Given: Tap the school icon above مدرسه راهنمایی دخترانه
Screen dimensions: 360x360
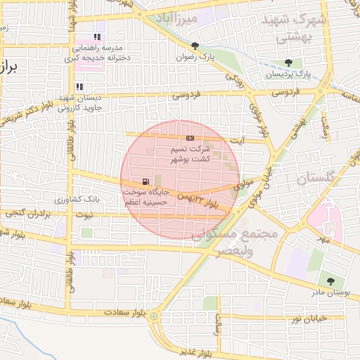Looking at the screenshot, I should tap(97, 37).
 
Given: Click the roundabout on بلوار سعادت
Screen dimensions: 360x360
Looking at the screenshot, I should tap(154, 316).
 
